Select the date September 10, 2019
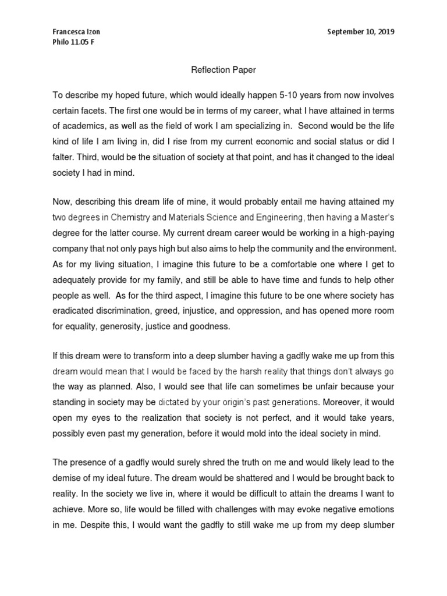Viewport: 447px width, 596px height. tap(361, 32)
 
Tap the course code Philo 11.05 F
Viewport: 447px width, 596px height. tap(74, 42)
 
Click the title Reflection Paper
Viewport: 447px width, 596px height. tap(223, 70)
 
